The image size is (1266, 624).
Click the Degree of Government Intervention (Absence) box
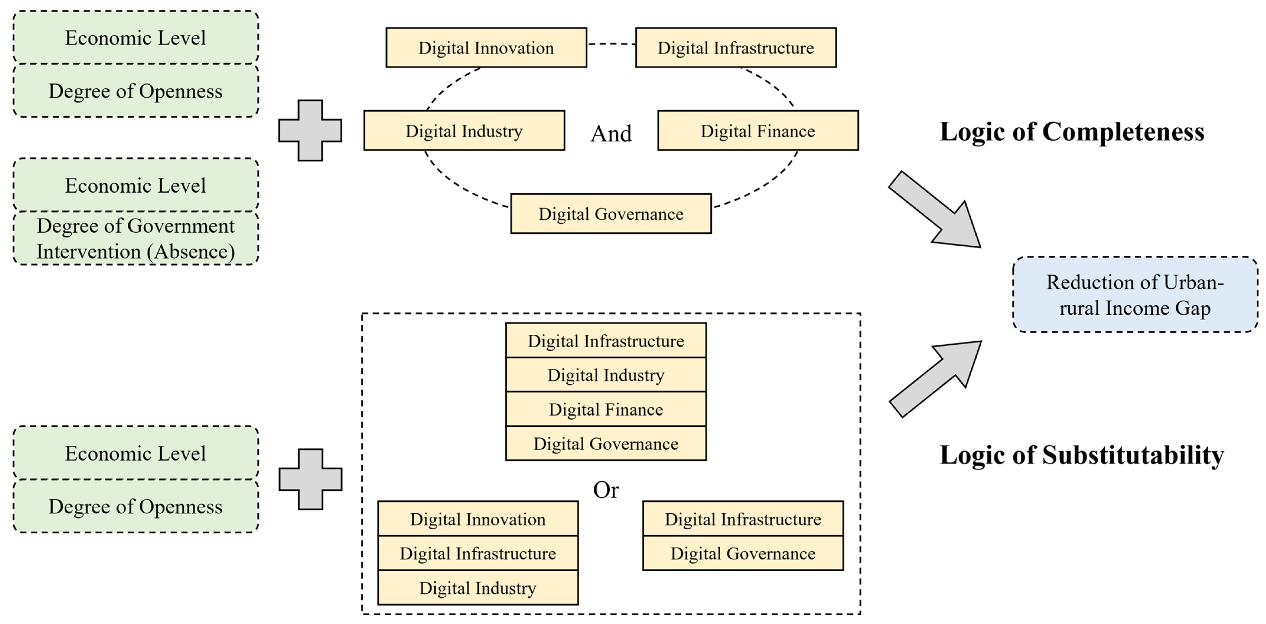tap(136, 239)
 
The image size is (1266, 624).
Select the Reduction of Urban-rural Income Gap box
tap(1135, 295)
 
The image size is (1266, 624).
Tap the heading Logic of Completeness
tap(1072, 132)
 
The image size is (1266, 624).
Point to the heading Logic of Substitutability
tap(1081, 455)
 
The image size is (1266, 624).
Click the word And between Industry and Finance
tap(611, 134)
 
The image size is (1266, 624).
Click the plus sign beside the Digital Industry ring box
tap(310, 131)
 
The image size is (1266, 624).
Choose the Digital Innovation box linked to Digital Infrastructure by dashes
tap(486, 48)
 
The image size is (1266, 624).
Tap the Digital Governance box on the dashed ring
tap(611, 214)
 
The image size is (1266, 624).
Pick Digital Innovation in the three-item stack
tap(478, 519)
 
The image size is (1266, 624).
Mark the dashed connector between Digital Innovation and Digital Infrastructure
tap(611, 44)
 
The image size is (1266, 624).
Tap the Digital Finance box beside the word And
tap(758, 131)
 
